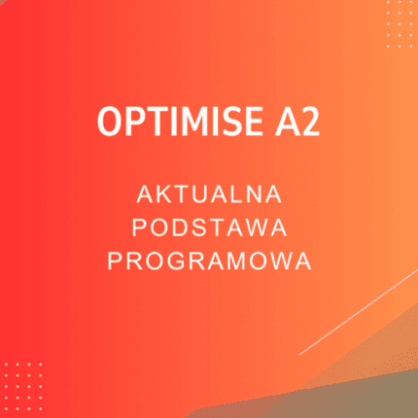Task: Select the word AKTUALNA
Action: (x=209, y=194)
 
